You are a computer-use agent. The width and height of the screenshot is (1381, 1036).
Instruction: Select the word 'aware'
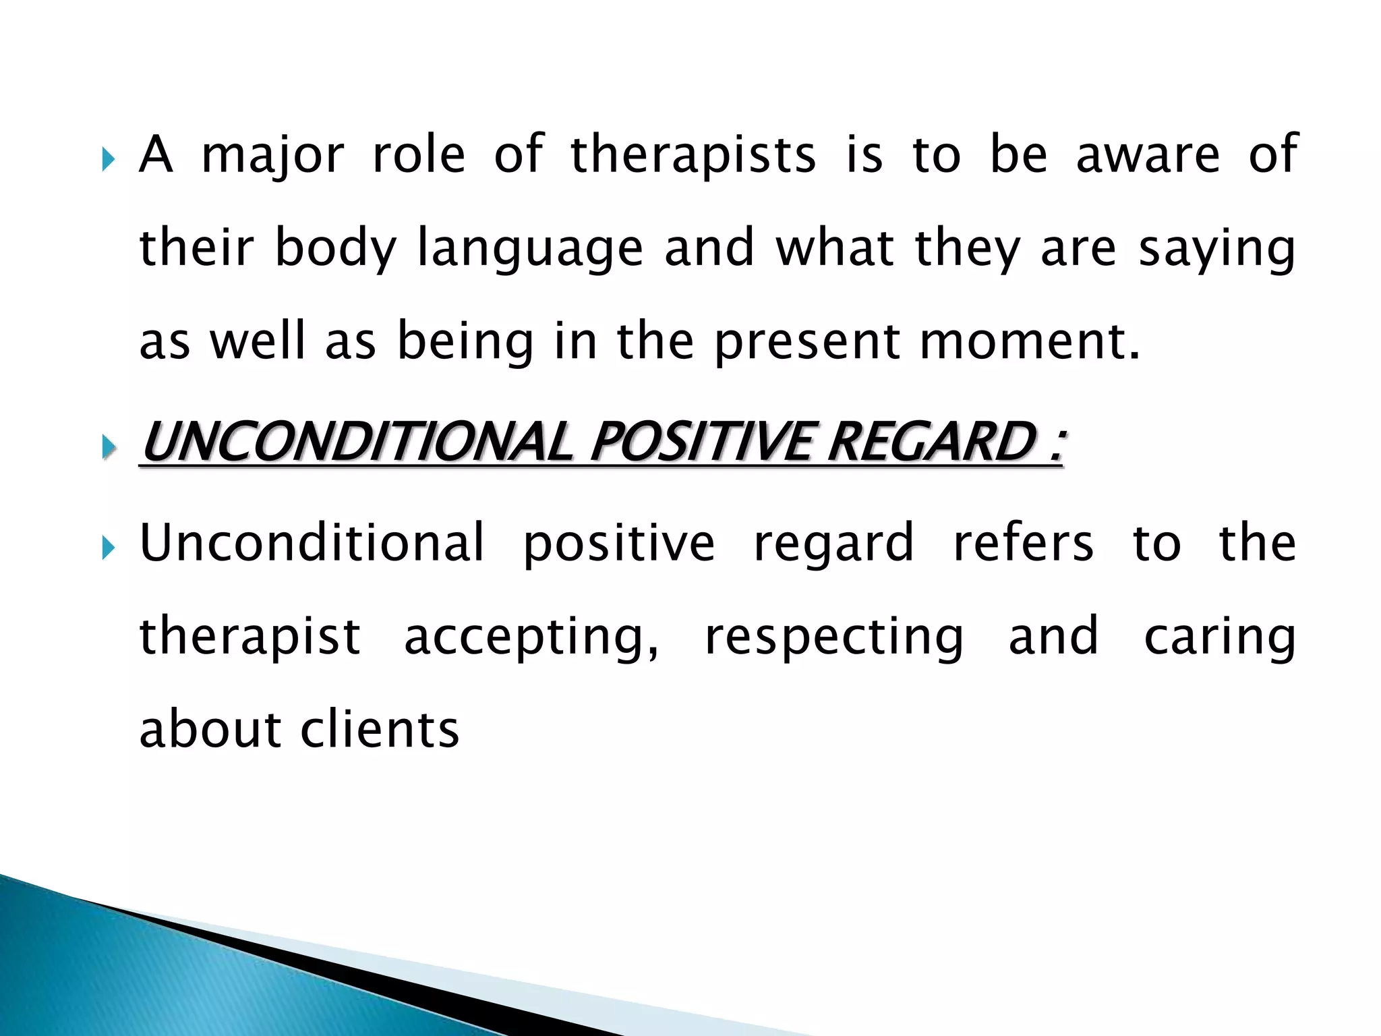(x=1148, y=155)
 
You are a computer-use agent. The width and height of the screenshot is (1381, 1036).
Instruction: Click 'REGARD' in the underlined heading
(x=931, y=443)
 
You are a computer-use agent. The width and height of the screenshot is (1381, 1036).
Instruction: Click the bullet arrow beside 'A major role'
(x=109, y=161)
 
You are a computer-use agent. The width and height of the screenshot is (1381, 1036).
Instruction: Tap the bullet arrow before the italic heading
(x=109, y=447)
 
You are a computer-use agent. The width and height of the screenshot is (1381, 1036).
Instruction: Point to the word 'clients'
(x=380, y=730)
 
